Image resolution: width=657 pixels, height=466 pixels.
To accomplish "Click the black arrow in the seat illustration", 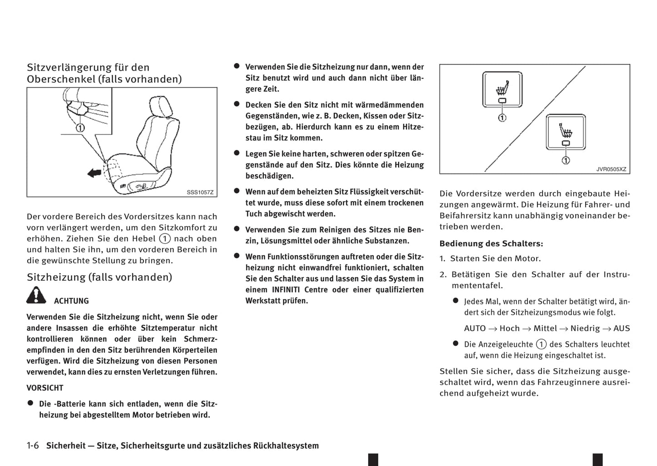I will pyautogui.click(x=94, y=173).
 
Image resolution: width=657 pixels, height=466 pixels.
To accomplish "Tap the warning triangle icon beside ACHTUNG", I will pyautogui.click(x=36, y=296).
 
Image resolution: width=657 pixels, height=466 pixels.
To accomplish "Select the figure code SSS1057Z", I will pyautogui.click(x=200, y=192).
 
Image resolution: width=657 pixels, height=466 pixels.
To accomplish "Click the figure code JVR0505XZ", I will pyautogui.click(x=611, y=169).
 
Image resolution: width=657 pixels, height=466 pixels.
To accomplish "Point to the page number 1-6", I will pyautogui.click(x=33, y=446).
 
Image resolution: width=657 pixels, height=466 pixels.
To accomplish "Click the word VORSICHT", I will pyautogui.click(x=45, y=388).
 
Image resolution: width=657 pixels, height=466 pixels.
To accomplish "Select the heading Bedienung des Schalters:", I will pyautogui.click(x=491, y=243).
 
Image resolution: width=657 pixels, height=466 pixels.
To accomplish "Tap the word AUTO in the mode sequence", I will pyautogui.click(x=475, y=328).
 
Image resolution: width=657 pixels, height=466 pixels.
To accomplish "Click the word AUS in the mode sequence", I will pyautogui.click(x=622, y=328).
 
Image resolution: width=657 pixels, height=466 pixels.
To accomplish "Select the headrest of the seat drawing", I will pyautogui.click(x=160, y=106).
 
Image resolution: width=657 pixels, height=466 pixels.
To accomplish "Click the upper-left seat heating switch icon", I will pyautogui.click(x=502, y=89).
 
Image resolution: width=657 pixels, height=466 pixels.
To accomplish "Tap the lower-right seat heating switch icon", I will pyautogui.click(x=566, y=132).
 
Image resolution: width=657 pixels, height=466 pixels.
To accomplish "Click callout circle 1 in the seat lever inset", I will pyautogui.click(x=80, y=128).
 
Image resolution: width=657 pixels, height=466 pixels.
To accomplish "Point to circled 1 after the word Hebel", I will pyautogui.click(x=165, y=238).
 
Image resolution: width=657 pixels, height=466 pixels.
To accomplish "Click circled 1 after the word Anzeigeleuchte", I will pyautogui.click(x=541, y=344).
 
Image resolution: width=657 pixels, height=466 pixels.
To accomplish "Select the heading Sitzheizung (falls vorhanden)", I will pyautogui.click(x=99, y=277).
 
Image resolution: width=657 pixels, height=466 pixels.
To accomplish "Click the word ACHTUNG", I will pyautogui.click(x=71, y=301).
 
